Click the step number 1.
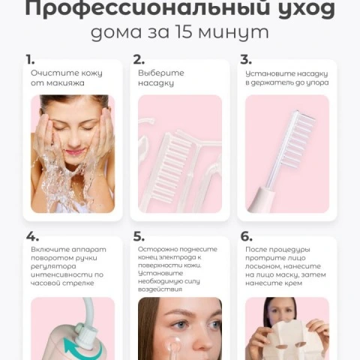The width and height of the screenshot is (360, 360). (30, 60)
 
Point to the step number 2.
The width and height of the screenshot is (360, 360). (139, 60)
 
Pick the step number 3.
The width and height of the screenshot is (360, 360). (246, 60)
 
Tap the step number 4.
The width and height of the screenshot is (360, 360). (32, 236)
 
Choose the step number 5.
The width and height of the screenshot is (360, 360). (139, 236)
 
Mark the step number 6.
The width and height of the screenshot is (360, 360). (246, 236)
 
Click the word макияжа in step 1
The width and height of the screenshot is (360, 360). (65, 83)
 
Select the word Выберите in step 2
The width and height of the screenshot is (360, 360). (161, 73)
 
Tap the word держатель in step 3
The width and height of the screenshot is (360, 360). (272, 82)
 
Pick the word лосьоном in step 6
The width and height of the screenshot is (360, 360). (263, 266)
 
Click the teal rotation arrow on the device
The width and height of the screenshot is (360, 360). (81, 349)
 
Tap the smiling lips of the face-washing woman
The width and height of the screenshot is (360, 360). (73, 151)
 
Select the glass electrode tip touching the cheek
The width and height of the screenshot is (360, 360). (175, 344)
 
